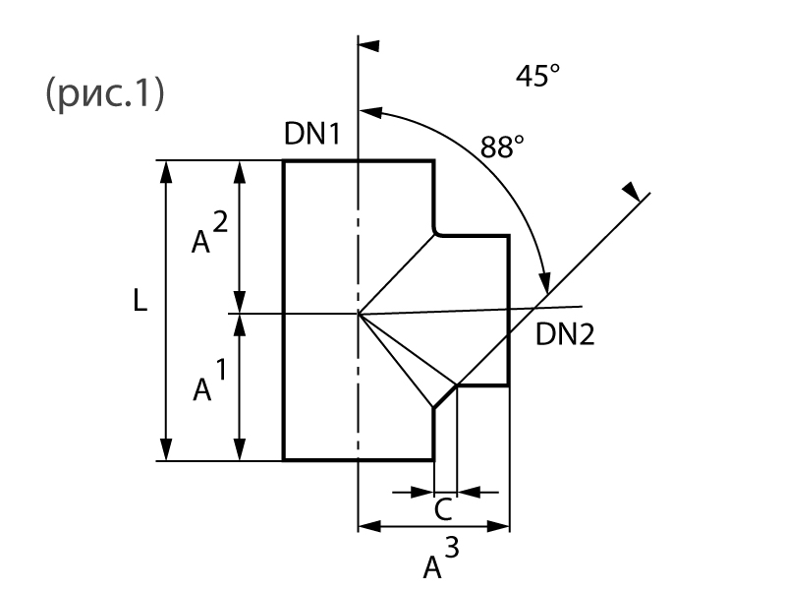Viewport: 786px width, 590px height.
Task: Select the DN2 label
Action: coord(565,335)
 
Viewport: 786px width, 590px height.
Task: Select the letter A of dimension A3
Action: coord(432,567)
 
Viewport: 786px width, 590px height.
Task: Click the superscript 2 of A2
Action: coord(221,223)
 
